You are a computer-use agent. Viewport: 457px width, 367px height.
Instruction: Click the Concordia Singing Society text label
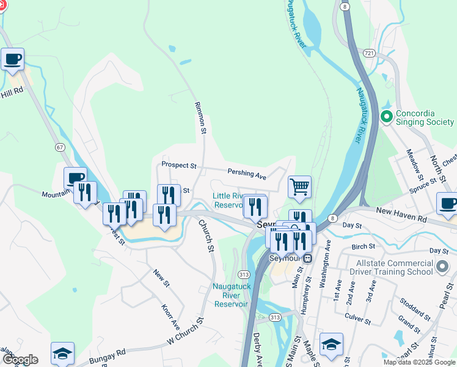point(425,117)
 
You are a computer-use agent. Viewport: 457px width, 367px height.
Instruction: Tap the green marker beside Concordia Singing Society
point(386,116)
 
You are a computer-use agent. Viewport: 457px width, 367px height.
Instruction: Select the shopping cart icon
point(299,187)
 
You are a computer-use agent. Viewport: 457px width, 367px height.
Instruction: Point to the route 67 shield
point(59,147)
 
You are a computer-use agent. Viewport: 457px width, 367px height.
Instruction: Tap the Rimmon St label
point(200,115)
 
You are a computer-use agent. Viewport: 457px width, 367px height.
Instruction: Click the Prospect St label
point(179,165)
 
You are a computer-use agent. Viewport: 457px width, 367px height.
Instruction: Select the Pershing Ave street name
point(247,174)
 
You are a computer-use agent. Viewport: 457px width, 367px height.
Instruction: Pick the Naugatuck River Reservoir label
point(230,295)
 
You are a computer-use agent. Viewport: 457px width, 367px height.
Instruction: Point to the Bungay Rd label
point(107,354)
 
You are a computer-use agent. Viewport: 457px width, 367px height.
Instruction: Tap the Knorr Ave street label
point(170,315)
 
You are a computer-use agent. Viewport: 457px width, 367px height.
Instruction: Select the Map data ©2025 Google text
point(419,362)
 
